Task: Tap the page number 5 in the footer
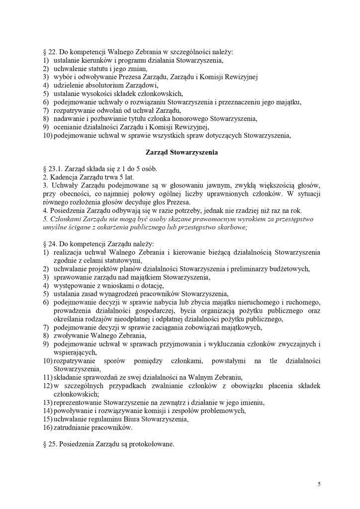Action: pos(320,483)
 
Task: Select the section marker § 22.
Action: pos(49,52)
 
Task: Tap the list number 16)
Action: pos(47,427)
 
